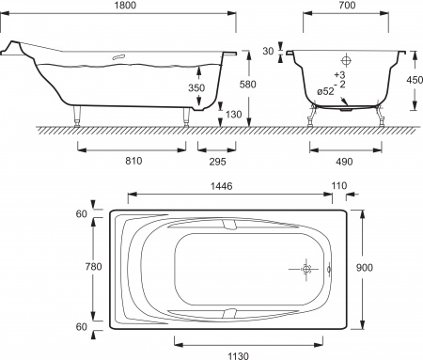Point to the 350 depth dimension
195,87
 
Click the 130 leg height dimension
232,114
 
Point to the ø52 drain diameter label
324,91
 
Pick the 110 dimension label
339,187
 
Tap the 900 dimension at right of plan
377,267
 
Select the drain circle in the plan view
305,269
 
